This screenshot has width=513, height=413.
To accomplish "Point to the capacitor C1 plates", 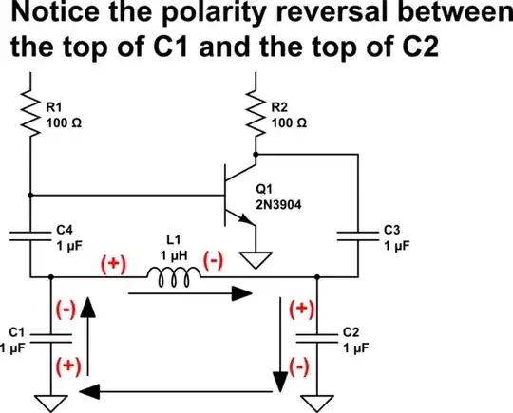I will pyautogui.click(x=49, y=336).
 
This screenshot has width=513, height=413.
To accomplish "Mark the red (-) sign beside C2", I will pyautogui.click(x=298, y=364).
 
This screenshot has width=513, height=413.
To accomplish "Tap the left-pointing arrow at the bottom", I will pyautogui.click(x=180, y=388).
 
